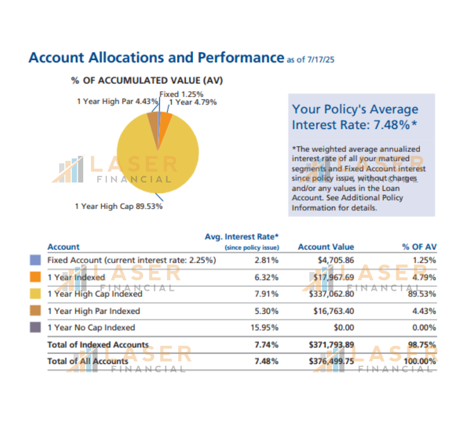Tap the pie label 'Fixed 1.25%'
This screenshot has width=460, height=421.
click(181, 94)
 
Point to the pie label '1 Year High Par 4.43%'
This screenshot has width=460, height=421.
click(117, 101)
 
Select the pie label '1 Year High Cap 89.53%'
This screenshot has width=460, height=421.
click(119, 207)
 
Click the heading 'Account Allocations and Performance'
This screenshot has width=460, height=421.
click(156, 58)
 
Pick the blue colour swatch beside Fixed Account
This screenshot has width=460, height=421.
click(35, 260)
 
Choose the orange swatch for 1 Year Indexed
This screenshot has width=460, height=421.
click(35, 277)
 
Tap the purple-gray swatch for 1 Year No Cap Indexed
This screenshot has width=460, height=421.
click(35, 327)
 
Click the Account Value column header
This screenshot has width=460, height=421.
click(326, 247)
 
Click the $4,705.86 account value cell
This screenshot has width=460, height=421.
click(334, 260)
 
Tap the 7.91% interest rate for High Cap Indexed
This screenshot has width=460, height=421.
click(267, 293)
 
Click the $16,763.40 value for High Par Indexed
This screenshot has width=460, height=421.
click(334, 310)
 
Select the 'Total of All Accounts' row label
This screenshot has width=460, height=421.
click(87, 361)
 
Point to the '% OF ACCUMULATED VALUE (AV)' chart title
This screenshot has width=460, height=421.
click(147, 80)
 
